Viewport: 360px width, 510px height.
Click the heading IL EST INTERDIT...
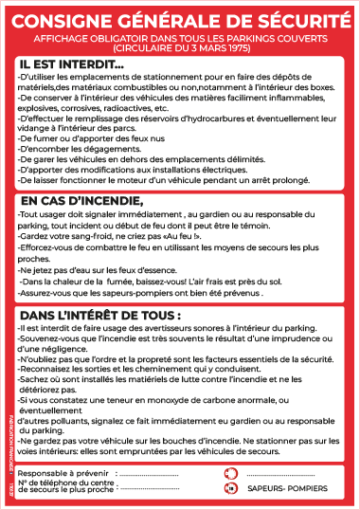point(71,64)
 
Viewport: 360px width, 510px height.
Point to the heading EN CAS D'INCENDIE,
point(81,201)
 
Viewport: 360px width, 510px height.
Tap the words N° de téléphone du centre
point(66,484)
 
